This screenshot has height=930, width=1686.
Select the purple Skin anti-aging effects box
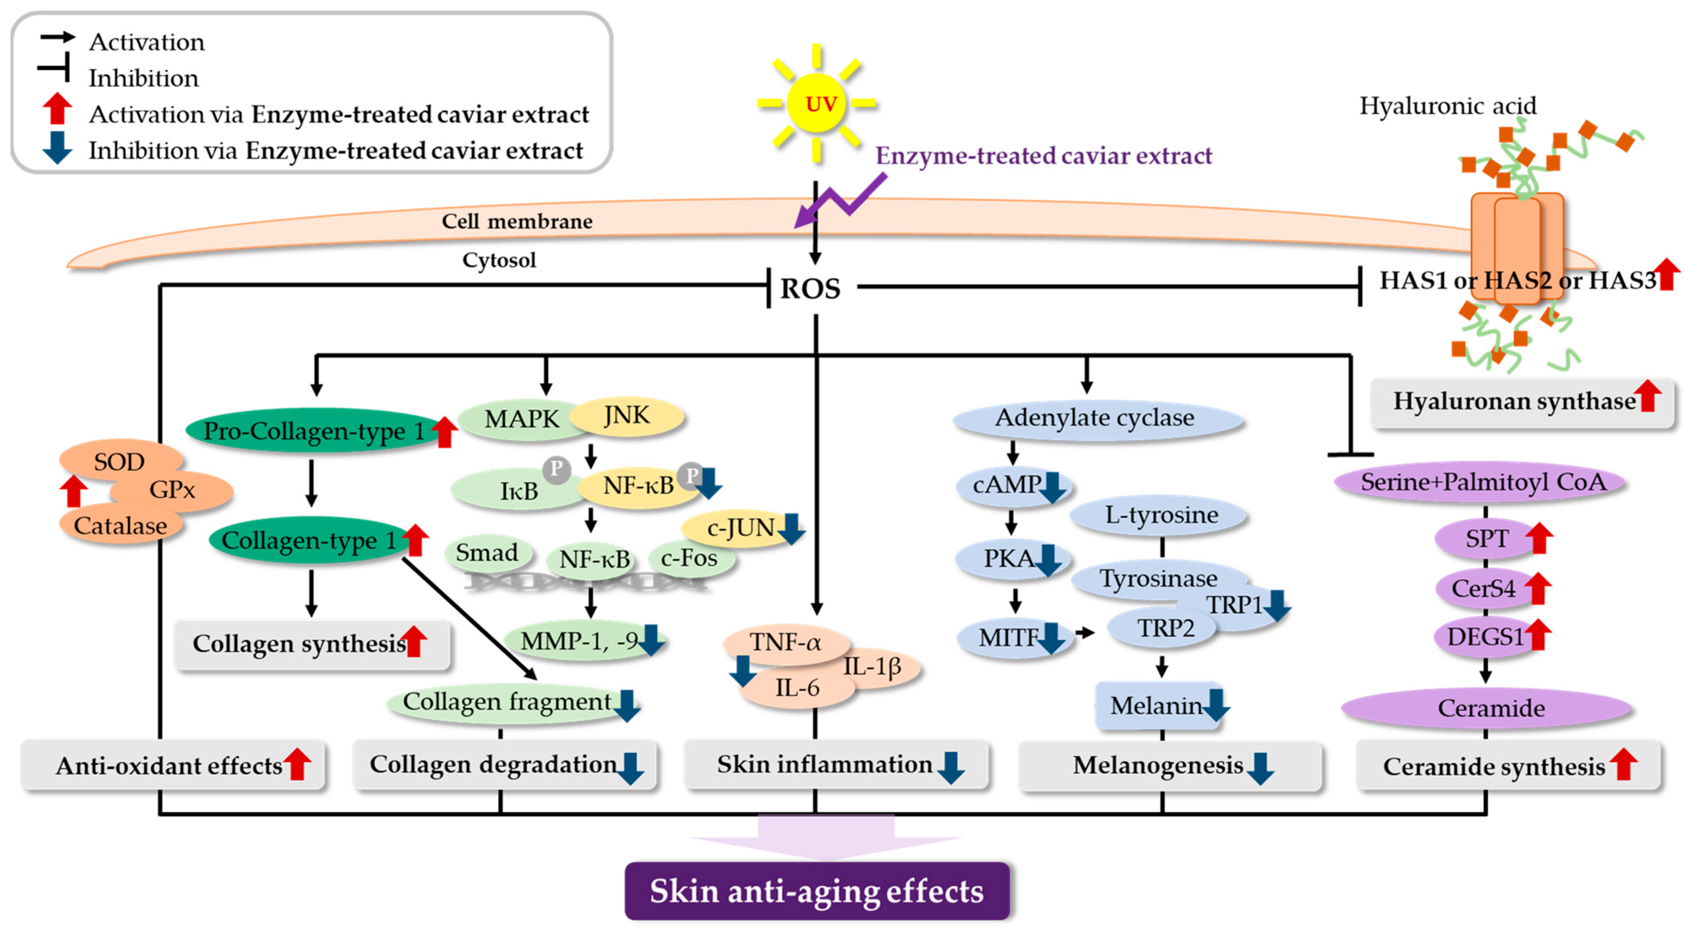(x=817, y=891)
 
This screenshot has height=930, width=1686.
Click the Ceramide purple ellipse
(x=1491, y=708)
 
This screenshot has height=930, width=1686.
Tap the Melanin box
(x=1156, y=706)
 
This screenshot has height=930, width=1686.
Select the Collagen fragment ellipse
(x=507, y=702)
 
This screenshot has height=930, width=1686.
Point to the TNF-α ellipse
(x=786, y=642)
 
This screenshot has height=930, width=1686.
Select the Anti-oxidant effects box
(x=170, y=765)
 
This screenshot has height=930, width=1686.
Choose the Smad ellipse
(x=487, y=553)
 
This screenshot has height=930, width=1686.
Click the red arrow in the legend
(x=57, y=109)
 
